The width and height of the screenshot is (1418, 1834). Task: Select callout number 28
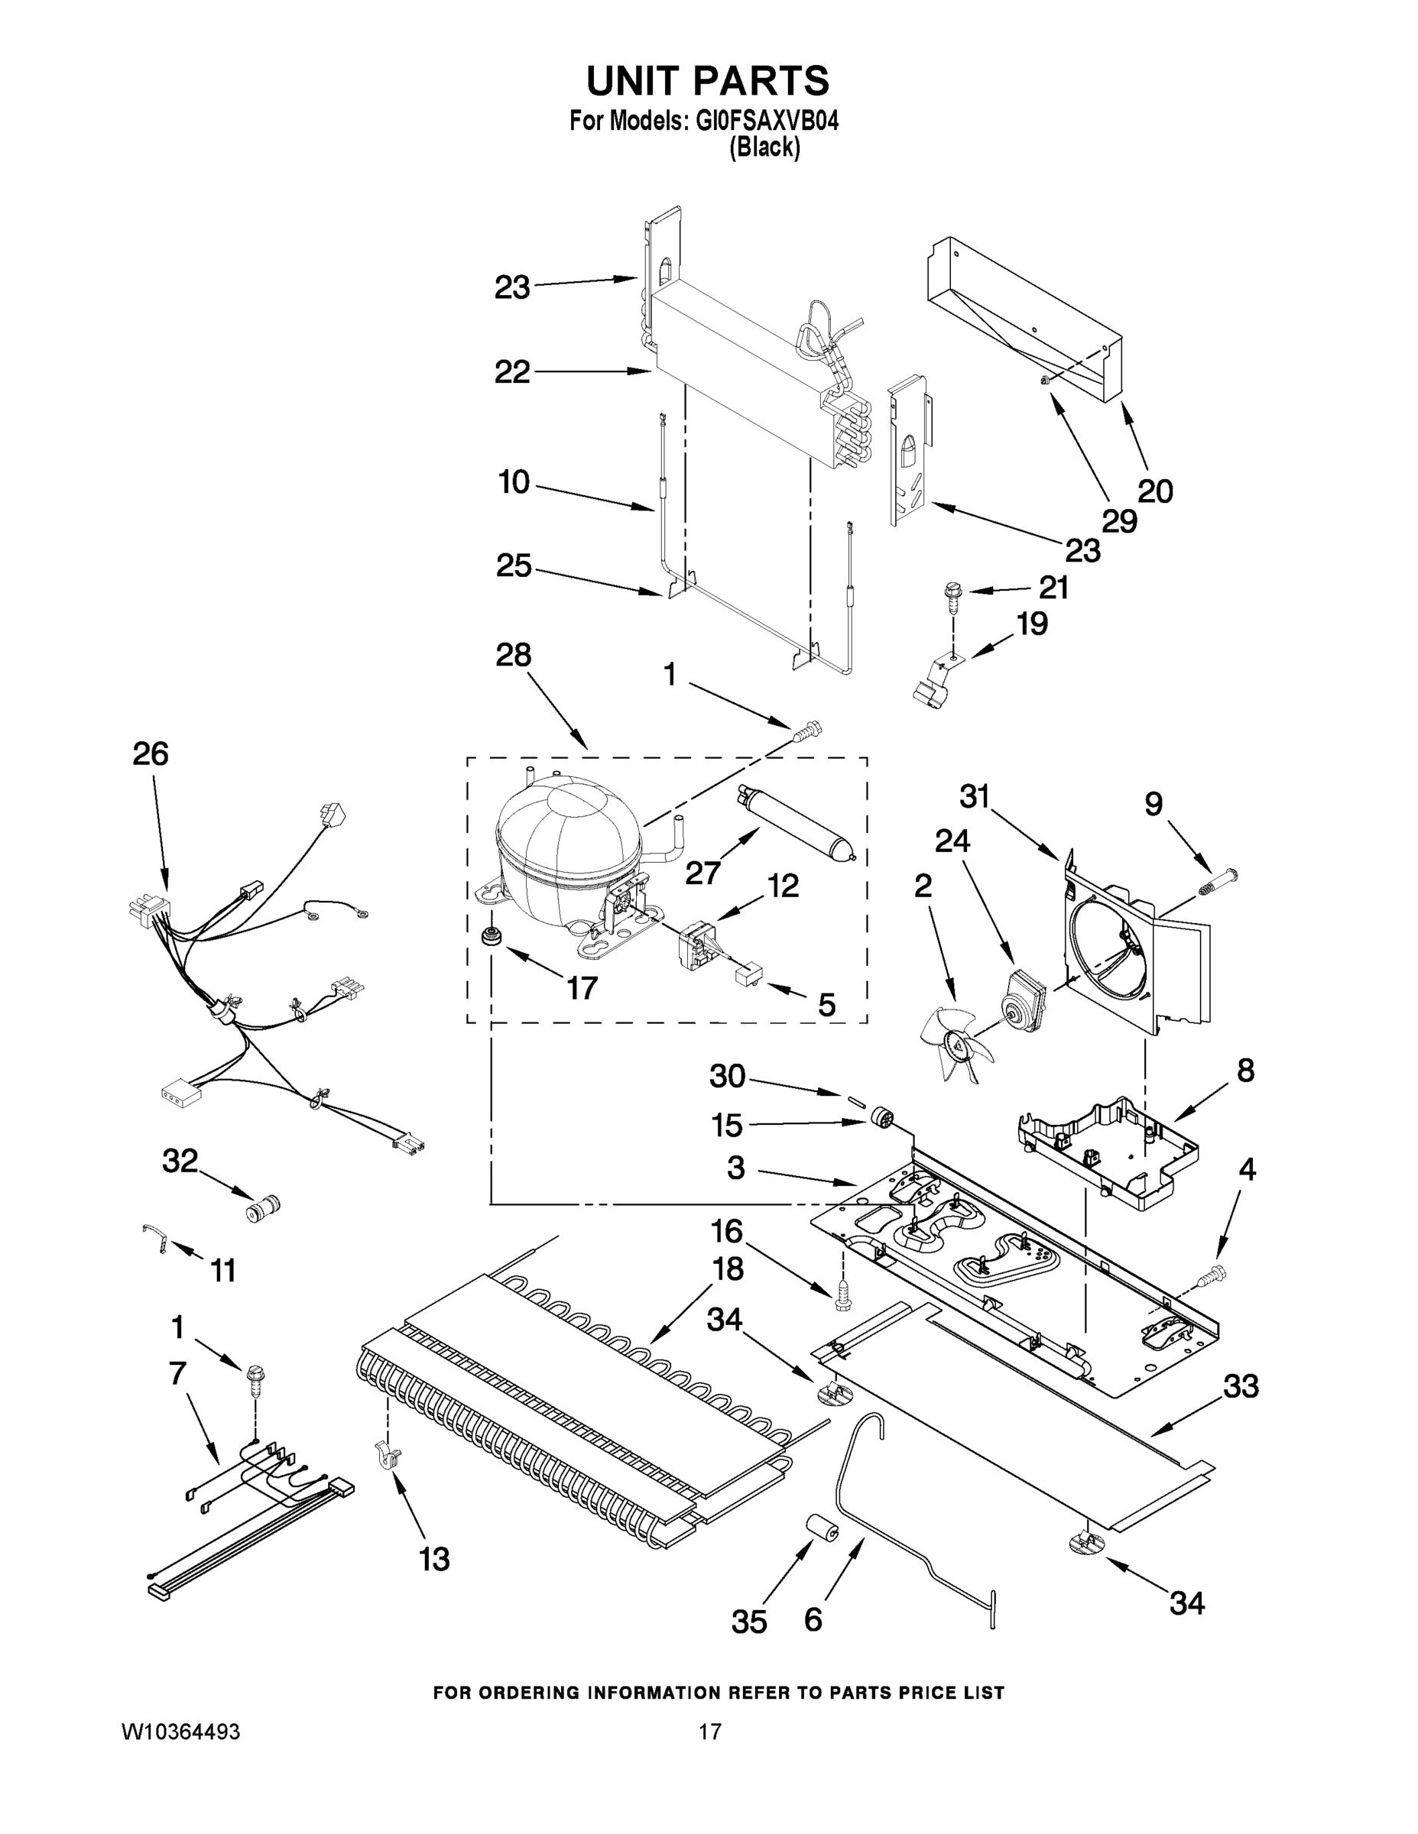(x=513, y=655)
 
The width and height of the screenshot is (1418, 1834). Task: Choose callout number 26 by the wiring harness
(x=151, y=754)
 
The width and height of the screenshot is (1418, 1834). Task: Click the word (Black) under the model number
(x=764, y=147)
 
